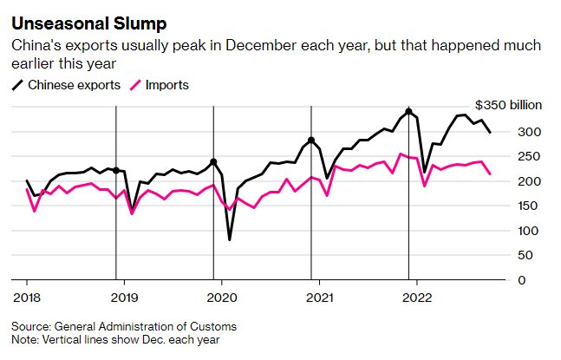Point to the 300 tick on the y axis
pyautogui.click(x=529, y=132)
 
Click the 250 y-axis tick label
pyautogui.click(x=529, y=156)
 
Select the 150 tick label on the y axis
pyautogui.click(x=529, y=206)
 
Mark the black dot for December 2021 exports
pyautogui.click(x=408, y=112)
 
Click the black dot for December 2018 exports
pyautogui.click(x=116, y=171)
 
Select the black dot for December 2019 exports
pyautogui.click(x=213, y=161)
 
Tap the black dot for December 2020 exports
pyautogui.click(x=311, y=141)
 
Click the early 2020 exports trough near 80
pyautogui.click(x=230, y=239)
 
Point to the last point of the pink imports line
pyautogui.click(x=489, y=174)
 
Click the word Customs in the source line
pyautogui.click(x=215, y=326)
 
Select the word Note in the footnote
pyautogui.click(x=25, y=339)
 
